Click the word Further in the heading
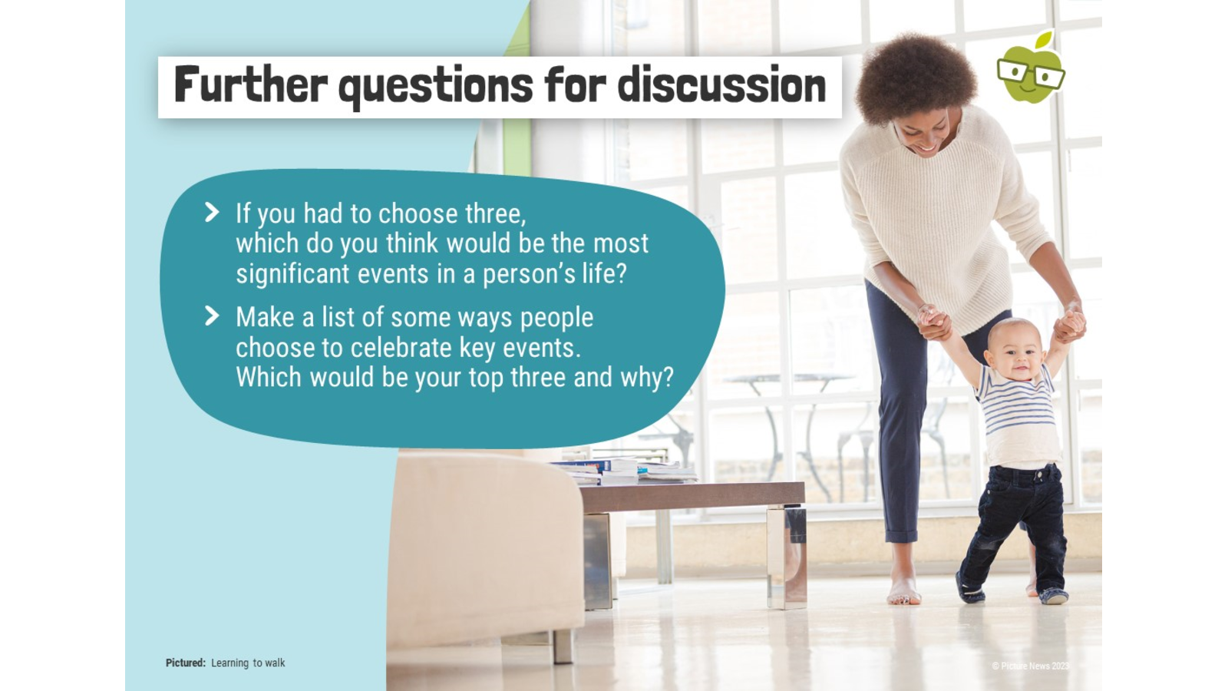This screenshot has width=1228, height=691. coord(250,84)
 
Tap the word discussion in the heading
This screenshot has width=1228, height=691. coord(721,84)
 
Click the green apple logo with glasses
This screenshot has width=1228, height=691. coord(1031,68)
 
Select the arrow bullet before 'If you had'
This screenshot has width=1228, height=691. coord(212,212)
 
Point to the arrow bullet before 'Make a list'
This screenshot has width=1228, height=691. coord(212,316)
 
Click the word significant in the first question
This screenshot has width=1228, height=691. coord(292,273)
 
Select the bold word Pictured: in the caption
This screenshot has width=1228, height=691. coord(185,663)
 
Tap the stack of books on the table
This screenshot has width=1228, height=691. coord(625,471)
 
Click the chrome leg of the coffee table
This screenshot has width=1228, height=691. coord(786,556)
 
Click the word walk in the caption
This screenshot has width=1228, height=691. coord(276,663)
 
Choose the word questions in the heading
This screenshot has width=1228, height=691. coord(436,87)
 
